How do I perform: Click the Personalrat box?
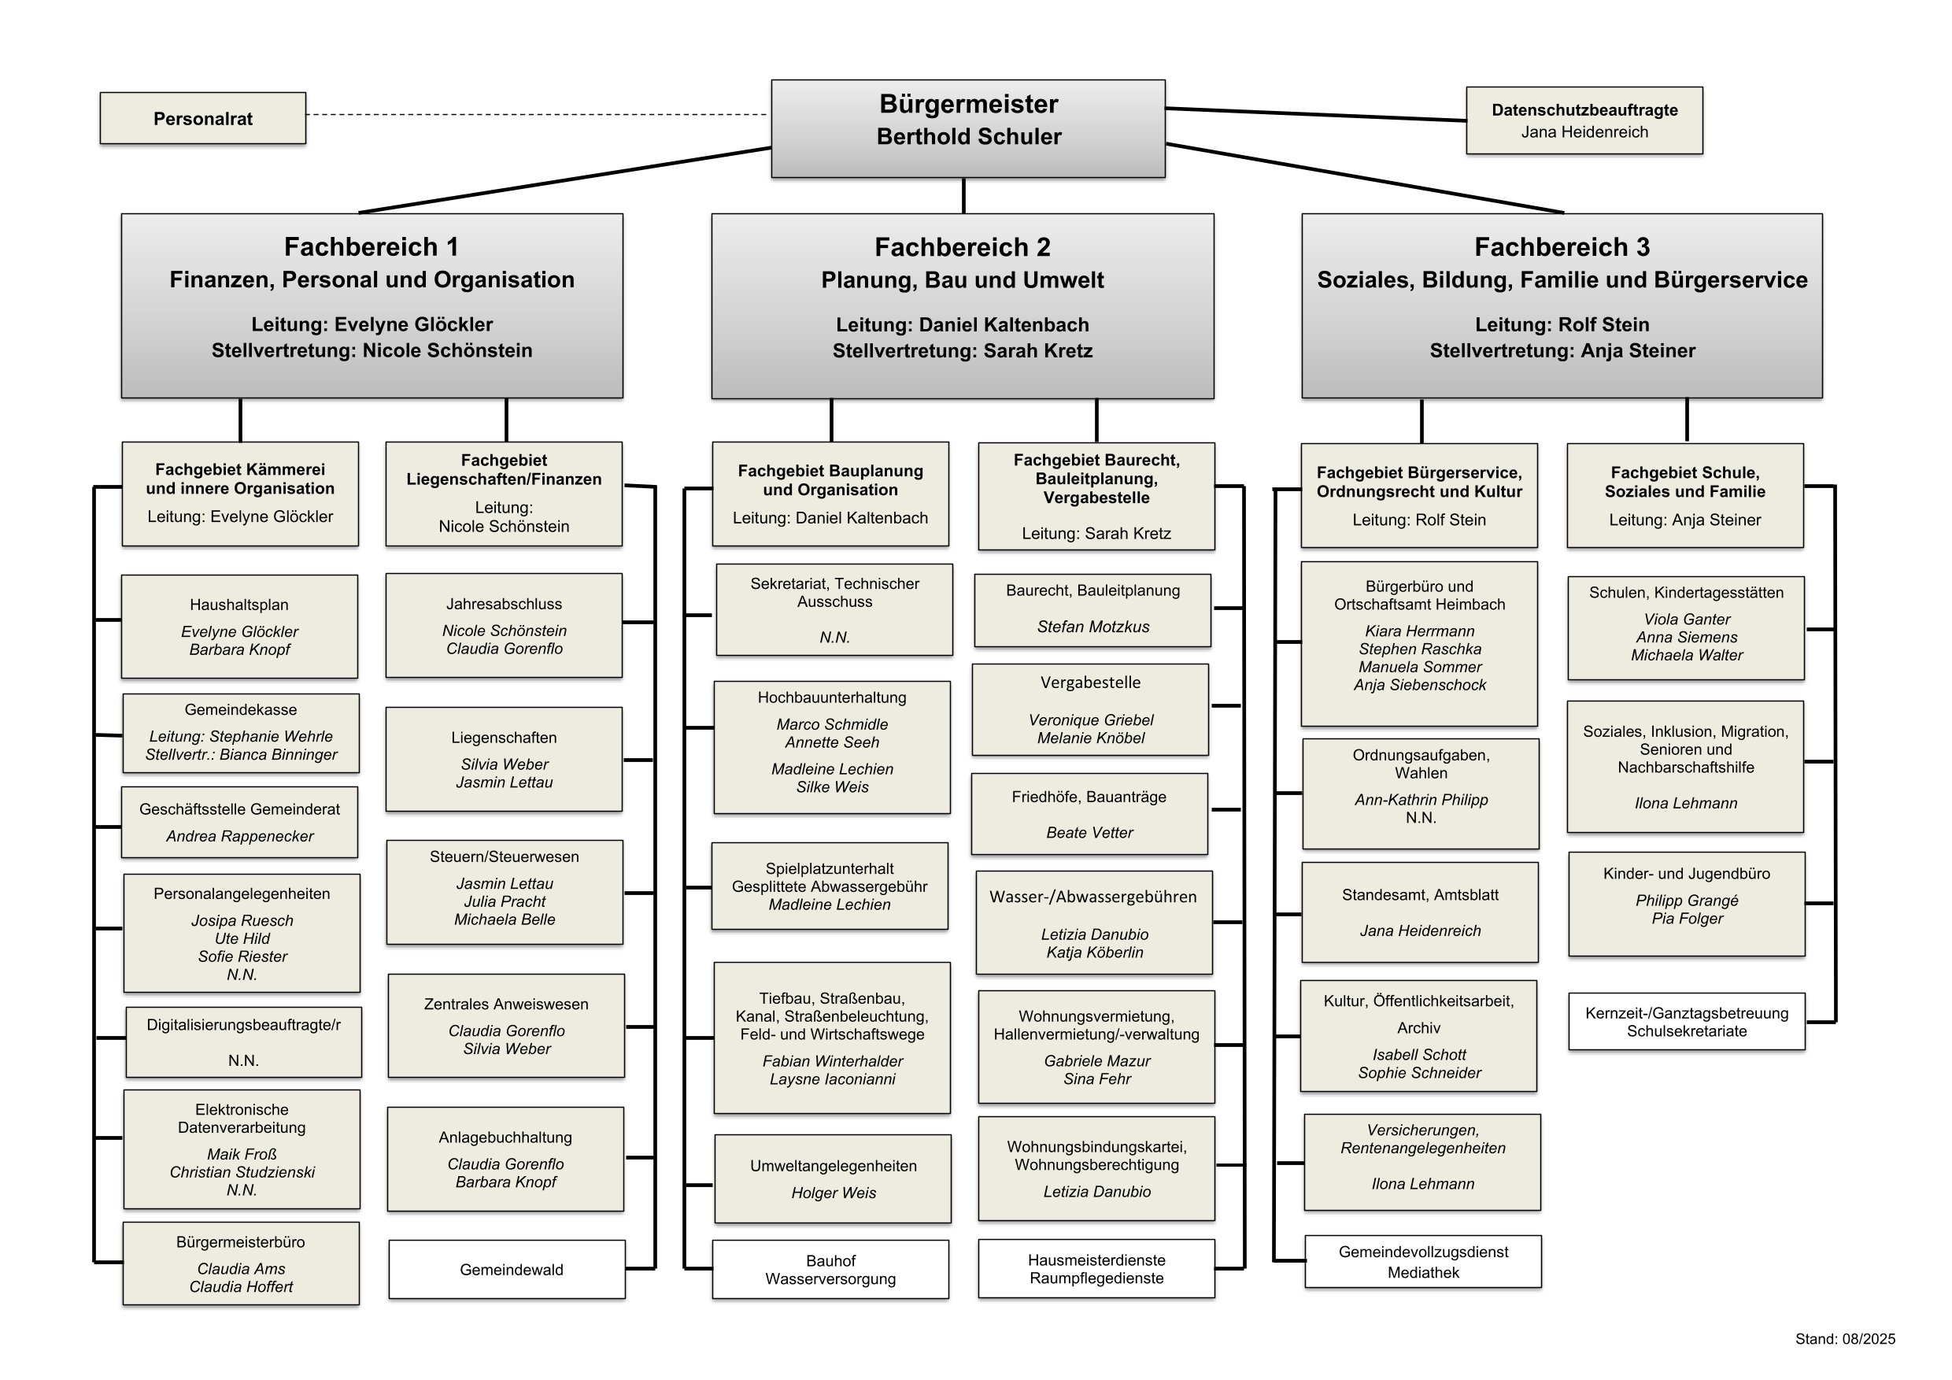(x=202, y=118)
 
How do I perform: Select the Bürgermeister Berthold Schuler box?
(x=967, y=128)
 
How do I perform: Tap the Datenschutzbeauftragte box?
(x=1584, y=120)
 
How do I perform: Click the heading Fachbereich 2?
(x=963, y=247)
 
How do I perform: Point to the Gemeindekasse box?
(x=241, y=733)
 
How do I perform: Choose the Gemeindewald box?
(x=507, y=1270)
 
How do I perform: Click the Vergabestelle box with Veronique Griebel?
(x=1090, y=710)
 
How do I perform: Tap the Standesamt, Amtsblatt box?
(x=1419, y=912)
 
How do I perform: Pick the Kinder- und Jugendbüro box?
(x=1686, y=904)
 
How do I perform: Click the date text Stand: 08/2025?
(x=1845, y=1339)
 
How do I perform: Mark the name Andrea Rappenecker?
(x=240, y=837)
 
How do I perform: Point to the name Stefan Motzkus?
(x=1092, y=627)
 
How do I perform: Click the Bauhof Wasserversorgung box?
(x=830, y=1270)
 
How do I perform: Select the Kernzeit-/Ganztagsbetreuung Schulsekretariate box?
(x=1686, y=1022)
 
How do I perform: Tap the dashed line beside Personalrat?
(x=535, y=114)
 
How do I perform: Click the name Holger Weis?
(x=834, y=1193)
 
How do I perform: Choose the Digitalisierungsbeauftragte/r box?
(x=243, y=1042)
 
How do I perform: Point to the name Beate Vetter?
(x=1089, y=833)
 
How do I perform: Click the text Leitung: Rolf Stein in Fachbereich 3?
(x=1562, y=325)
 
